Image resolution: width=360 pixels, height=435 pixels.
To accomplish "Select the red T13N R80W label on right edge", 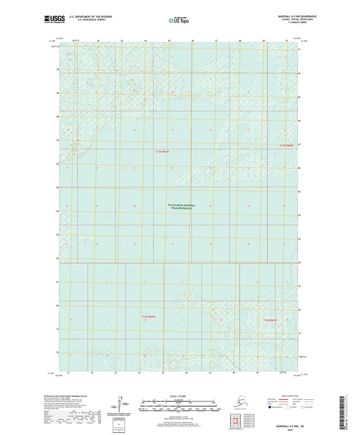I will (x=288, y=145).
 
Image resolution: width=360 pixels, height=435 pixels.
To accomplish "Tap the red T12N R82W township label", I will (x=149, y=316).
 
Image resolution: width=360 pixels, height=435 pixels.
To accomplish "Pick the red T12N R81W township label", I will (x=270, y=319).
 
